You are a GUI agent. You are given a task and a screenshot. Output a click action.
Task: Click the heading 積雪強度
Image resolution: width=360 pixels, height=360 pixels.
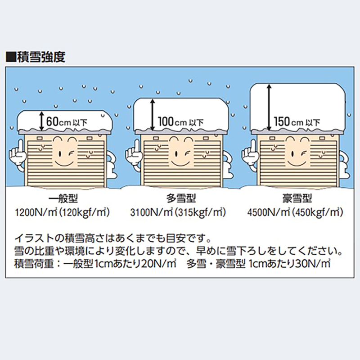41,57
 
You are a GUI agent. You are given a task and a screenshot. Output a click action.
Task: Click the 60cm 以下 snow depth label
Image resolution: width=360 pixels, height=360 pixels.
67,121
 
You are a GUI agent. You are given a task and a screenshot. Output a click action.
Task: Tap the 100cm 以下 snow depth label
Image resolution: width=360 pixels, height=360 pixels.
181,121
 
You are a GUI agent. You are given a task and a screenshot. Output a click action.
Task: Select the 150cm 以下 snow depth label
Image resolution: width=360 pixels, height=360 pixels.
297,121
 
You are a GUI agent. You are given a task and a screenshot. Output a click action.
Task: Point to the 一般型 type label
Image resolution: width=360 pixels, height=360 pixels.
63,199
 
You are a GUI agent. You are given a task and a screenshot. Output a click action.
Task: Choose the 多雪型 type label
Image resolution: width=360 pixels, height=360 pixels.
181,199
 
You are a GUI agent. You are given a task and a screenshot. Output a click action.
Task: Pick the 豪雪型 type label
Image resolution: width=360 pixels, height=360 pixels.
297,199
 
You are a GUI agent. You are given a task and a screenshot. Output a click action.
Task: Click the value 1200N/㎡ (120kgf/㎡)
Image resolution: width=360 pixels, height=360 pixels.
62,212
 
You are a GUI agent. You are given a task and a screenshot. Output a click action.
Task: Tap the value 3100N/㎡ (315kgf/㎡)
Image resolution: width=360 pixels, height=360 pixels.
178,212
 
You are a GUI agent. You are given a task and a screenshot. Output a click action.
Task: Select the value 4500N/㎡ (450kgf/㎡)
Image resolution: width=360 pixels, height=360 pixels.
295,212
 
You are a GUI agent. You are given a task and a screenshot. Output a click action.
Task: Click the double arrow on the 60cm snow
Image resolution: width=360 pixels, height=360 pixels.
41,121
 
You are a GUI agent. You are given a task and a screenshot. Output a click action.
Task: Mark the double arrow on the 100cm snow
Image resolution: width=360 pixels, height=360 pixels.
152,115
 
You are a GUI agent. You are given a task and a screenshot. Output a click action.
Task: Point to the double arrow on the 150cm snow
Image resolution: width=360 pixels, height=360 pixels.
269,108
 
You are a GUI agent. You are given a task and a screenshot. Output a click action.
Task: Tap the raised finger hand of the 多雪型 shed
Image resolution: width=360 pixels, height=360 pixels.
133,153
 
